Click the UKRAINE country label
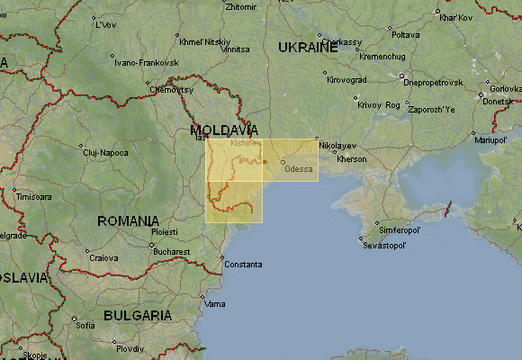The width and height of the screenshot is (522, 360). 307,47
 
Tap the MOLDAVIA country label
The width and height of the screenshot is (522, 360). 224,130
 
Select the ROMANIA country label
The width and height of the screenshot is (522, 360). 129,220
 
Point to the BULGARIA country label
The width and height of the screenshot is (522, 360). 138,315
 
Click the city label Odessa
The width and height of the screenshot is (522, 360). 299,169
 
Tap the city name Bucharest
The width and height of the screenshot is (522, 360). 171,251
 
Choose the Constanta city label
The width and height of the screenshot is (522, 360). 243,265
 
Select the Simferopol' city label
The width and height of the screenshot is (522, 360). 400,230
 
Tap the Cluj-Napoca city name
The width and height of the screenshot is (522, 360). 105,153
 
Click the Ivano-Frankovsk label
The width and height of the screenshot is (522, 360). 147,63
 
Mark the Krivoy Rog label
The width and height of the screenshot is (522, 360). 379,104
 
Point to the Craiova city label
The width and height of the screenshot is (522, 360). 103,258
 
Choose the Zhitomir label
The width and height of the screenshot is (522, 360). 240,6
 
